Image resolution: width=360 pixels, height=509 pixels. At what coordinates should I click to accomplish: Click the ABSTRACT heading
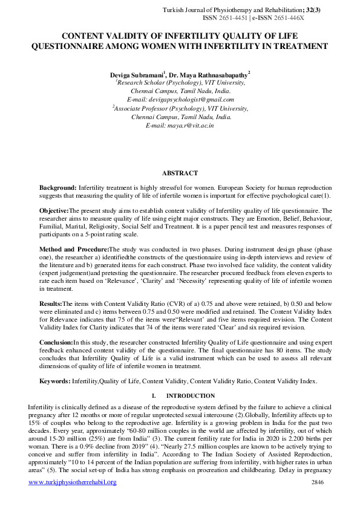pos(180,173)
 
